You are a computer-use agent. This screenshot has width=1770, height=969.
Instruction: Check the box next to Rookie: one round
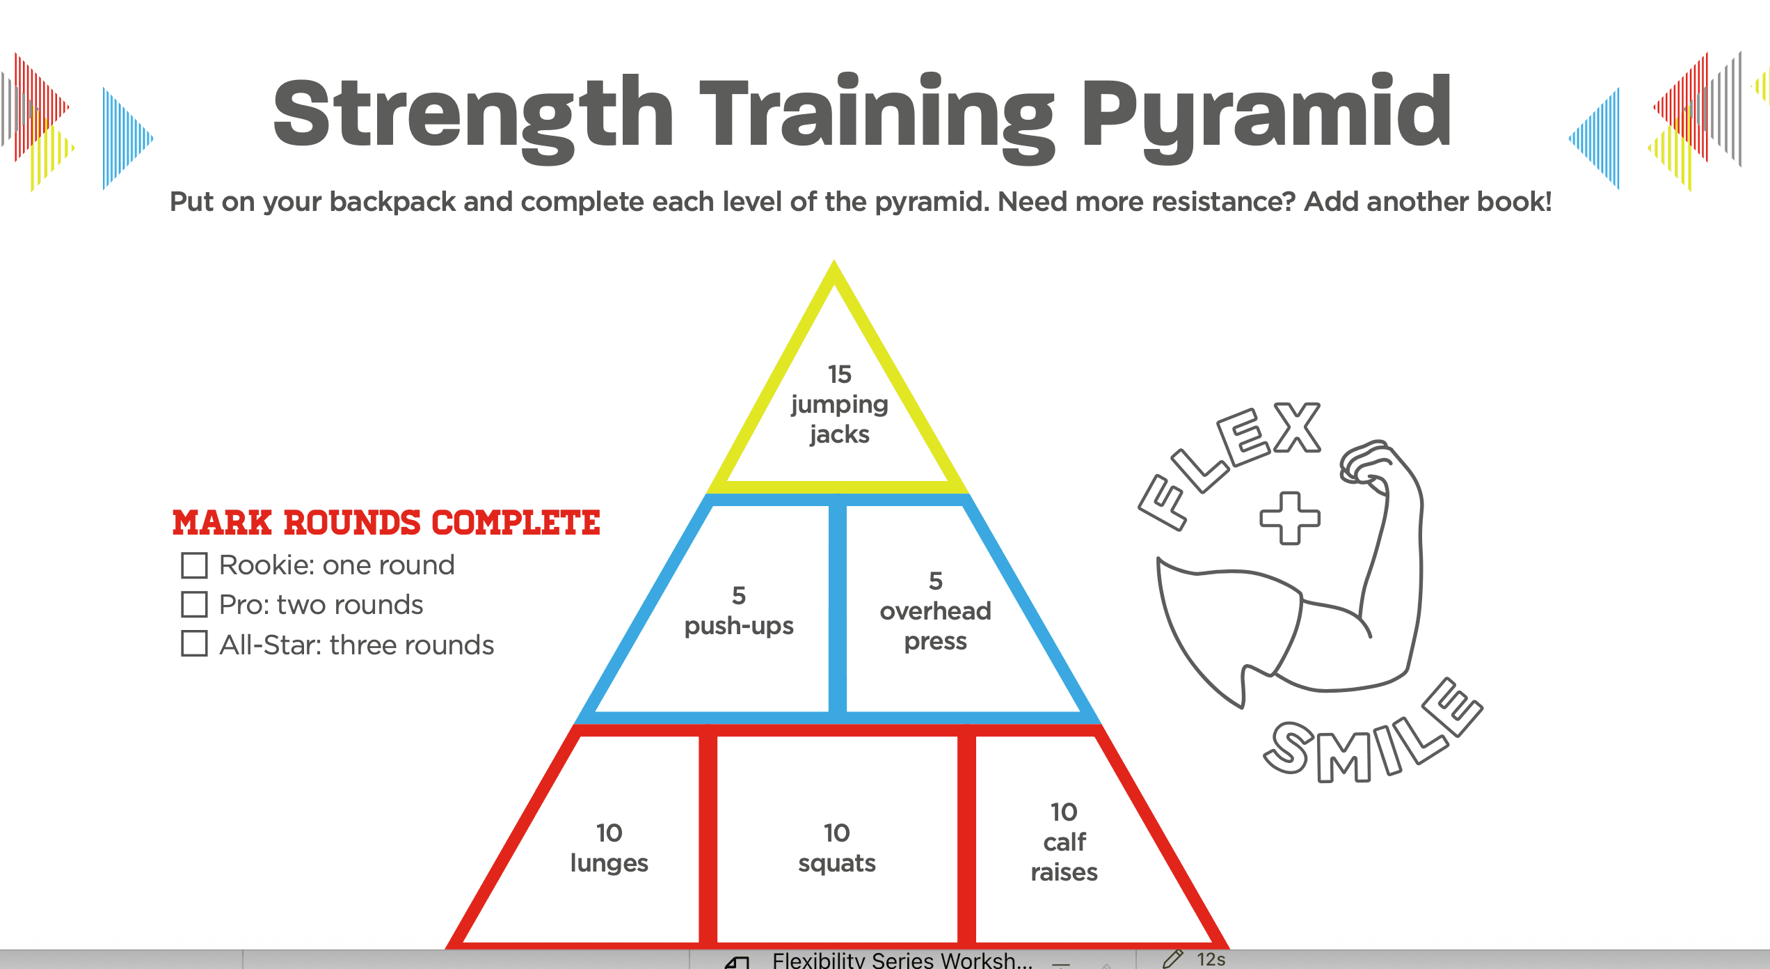194,565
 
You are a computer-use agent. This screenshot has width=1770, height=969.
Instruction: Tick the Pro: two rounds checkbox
194,604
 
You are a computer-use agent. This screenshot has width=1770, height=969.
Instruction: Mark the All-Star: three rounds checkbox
194,643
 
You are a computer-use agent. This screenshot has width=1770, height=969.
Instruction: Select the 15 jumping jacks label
839,404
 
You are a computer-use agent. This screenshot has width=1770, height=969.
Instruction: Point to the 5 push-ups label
739,611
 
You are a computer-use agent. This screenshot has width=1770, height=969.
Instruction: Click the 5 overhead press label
936,611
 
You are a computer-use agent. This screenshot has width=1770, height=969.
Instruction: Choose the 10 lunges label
609,848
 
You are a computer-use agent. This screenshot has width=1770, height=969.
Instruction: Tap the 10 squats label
837,848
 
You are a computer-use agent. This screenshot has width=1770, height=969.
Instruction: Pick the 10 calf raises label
1065,842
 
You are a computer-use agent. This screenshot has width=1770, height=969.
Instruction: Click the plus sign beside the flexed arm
1290,518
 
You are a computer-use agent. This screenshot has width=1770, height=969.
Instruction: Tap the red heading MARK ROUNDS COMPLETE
386,523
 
